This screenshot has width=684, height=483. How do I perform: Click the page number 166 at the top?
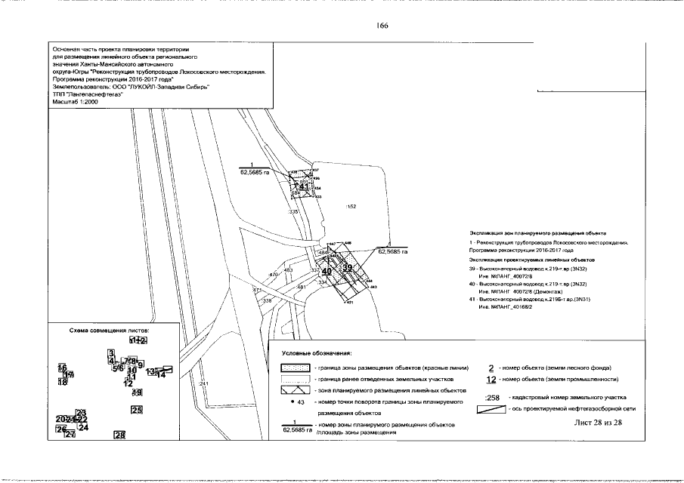point(382,26)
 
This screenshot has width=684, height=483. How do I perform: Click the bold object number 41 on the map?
point(302,186)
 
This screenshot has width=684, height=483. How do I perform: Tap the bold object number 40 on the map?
point(327,271)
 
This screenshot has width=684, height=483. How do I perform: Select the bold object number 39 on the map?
point(348,268)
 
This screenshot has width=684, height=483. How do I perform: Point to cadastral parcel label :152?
point(350,205)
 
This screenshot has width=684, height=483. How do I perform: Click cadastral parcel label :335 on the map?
point(294,213)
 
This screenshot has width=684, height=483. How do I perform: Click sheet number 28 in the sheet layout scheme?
point(119,434)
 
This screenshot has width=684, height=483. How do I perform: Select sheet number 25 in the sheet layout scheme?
point(137,411)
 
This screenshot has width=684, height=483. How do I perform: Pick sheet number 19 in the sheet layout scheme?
point(137,392)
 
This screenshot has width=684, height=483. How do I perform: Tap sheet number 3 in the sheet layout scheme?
point(111,353)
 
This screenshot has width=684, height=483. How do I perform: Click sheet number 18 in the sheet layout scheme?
point(63,382)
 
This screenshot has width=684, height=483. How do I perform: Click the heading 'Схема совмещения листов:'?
point(109,331)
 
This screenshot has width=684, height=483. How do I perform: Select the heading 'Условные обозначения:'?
point(317,353)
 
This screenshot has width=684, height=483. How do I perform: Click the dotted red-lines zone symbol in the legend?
point(298,367)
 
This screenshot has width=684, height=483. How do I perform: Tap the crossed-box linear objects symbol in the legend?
point(298,389)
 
